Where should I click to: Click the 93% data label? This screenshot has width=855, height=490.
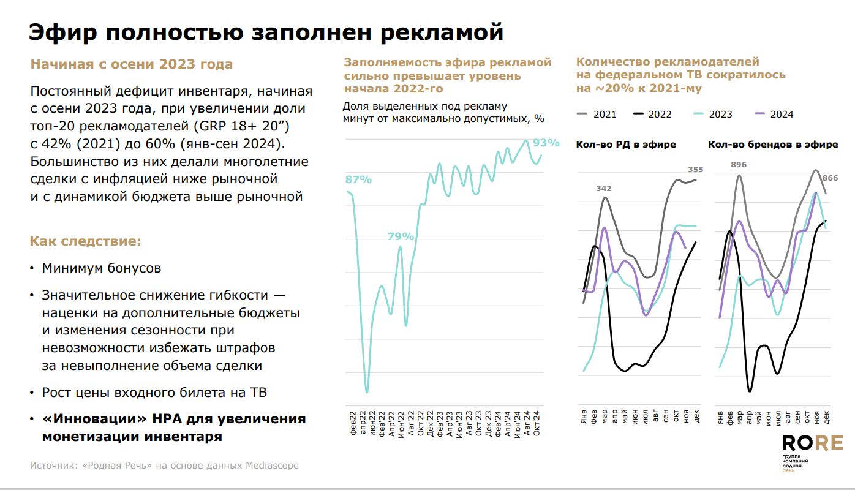pos(546,143)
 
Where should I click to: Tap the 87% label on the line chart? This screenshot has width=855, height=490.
pos(358,179)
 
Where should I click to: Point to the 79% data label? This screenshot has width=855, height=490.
pos(400,236)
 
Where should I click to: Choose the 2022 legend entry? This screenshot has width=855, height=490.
pos(652,114)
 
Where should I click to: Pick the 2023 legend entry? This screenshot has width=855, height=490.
pos(712,114)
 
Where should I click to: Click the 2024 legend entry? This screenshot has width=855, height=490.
pos(774,114)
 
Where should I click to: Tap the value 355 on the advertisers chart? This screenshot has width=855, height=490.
pos(695,170)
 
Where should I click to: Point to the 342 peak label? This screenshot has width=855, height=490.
pos(604,188)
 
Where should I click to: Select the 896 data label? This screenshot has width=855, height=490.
pos(739,164)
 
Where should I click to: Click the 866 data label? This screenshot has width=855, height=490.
pos(830,178)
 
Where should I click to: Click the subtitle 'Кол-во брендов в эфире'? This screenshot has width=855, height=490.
pos(773,145)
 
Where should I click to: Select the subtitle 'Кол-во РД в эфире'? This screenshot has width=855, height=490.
pos(626,145)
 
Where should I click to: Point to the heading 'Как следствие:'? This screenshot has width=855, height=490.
pos(86,241)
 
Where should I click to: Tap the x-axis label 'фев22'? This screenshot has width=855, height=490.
pos(353,423)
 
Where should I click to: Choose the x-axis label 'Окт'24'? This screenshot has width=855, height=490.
pos(537,422)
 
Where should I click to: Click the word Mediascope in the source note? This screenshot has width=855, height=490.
pos(272,466)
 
